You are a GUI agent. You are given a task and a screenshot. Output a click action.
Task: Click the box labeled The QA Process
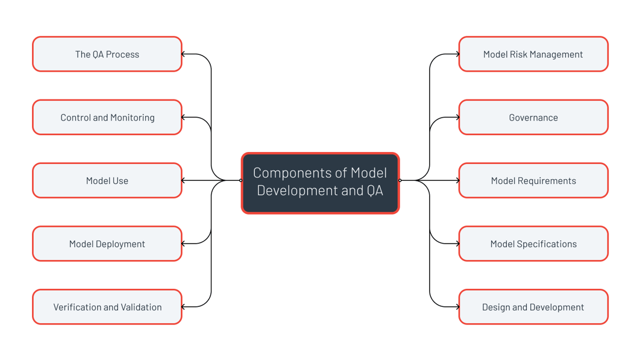107,54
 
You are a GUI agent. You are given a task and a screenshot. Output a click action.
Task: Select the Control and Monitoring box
107,118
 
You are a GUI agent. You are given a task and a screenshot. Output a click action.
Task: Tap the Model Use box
107,180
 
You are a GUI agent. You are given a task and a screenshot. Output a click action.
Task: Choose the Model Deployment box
107,244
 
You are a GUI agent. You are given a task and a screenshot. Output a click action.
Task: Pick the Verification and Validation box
107,307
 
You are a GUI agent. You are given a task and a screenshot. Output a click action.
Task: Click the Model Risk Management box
533,54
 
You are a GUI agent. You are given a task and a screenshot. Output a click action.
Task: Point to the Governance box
533,118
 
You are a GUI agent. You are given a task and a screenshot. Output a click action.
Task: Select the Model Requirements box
533,180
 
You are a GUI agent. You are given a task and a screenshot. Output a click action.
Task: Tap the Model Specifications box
533,244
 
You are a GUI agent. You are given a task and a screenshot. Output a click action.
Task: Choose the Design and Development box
533,307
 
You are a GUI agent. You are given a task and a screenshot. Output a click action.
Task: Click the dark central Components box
320,183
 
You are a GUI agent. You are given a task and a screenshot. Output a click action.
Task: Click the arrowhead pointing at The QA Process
184,54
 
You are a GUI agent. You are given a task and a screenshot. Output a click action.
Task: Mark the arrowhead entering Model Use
184,180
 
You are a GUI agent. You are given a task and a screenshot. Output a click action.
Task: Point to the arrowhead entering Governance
457,118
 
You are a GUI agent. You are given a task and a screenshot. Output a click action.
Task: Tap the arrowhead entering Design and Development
457,307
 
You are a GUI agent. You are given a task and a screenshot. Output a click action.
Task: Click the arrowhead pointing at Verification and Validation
184,307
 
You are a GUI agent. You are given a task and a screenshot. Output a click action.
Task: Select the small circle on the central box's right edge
400,180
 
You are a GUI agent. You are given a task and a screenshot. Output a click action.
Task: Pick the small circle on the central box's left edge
240,180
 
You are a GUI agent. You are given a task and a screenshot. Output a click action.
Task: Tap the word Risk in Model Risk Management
522,54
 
